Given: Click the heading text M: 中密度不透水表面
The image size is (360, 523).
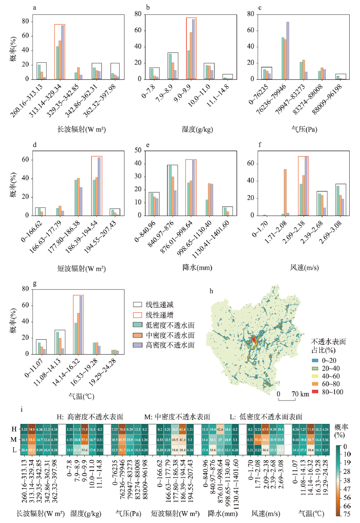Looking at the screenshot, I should tap(177, 416).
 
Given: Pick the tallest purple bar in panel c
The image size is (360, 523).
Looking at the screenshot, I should tap(288, 51).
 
